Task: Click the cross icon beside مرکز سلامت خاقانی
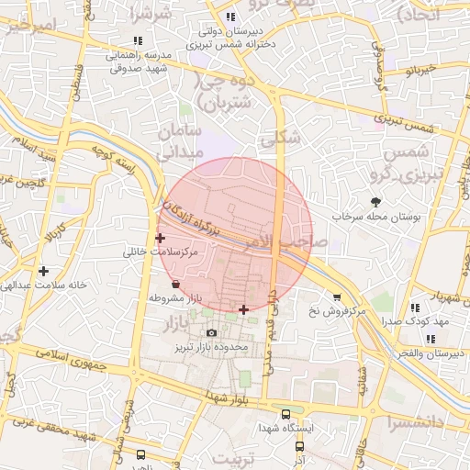point(161,238)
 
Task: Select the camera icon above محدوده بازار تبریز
point(212,332)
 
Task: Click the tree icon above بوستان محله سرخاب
point(375,202)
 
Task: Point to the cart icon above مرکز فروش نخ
point(337,297)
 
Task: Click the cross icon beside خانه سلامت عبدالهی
point(43,271)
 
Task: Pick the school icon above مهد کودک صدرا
point(414,308)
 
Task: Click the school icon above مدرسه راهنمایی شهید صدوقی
point(138,40)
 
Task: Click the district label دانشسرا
point(419,423)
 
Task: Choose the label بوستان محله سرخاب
point(375,218)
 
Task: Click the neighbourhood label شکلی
point(281,139)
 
